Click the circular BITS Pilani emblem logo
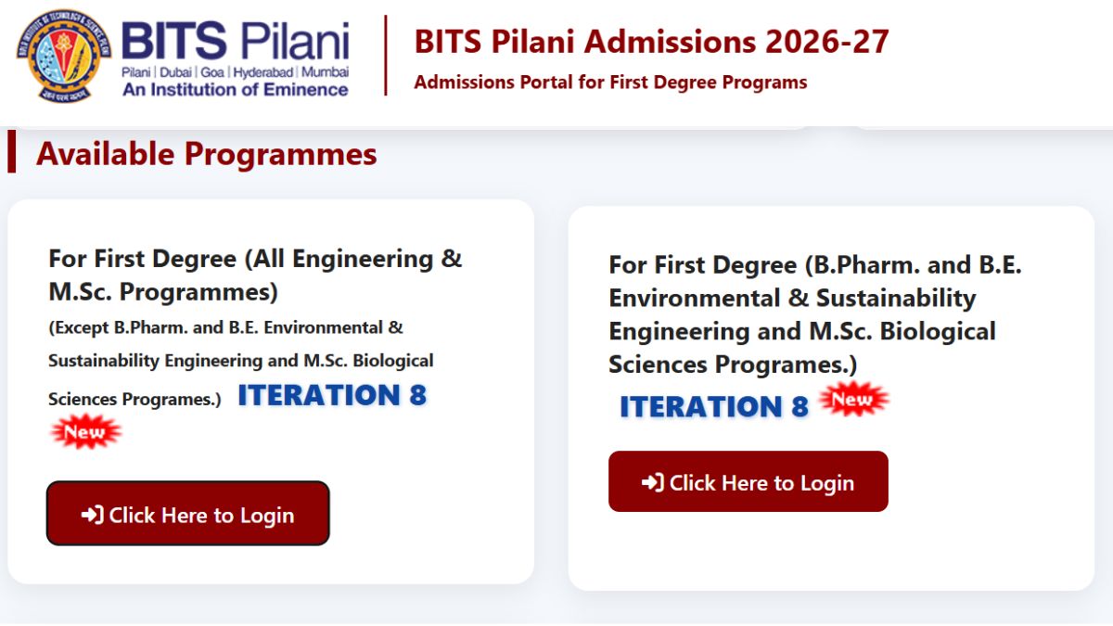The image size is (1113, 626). (x=64, y=56)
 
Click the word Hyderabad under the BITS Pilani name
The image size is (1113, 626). (x=262, y=72)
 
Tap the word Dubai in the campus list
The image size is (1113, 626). (x=175, y=72)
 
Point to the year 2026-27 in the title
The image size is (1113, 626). (x=826, y=41)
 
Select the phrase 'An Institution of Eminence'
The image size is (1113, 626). (x=236, y=90)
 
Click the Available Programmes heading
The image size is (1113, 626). (x=207, y=154)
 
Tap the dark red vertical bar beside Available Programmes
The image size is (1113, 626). (x=12, y=151)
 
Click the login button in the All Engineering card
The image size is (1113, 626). (x=187, y=513)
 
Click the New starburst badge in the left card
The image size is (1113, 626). (x=86, y=431)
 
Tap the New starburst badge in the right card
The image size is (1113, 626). (x=853, y=399)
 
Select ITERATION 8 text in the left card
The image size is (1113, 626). (x=332, y=395)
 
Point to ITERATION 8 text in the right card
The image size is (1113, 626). (x=714, y=406)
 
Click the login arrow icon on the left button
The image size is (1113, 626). (x=93, y=515)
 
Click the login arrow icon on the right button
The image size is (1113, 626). (x=652, y=482)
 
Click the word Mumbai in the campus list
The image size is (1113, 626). (x=325, y=72)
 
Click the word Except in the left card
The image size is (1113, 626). (x=81, y=328)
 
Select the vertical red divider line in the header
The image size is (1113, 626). (x=386, y=55)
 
